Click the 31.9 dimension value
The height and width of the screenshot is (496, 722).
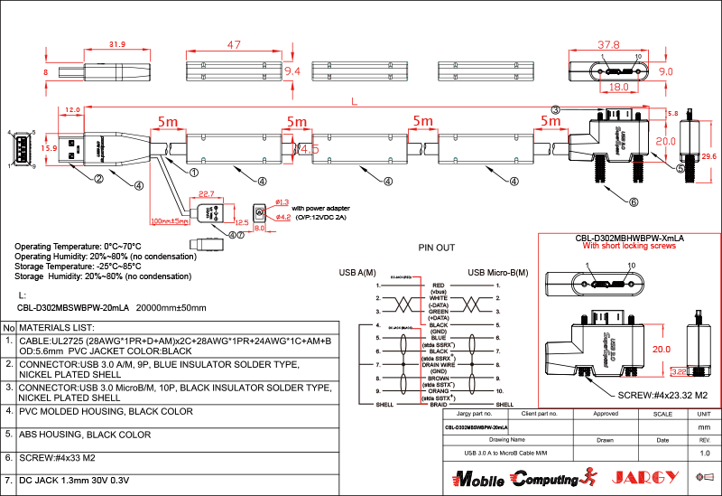tap(116, 44)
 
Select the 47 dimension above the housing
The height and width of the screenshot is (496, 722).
tap(234, 44)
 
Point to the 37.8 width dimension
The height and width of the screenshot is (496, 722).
tap(611, 44)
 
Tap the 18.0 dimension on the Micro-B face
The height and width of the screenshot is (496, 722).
tap(617, 88)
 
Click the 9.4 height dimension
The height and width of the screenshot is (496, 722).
tap(292, 70)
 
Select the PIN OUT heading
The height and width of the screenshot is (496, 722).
tap(437, 247)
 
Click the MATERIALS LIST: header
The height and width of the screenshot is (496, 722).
tap(58, 326)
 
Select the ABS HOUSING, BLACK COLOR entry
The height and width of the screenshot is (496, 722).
tap(85, 435)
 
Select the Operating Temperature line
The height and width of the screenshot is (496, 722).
tap(79, 246)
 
